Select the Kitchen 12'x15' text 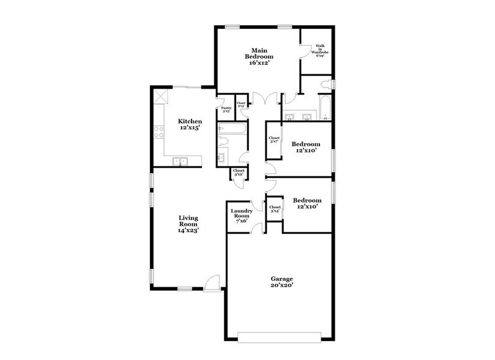pyautogui.click(x=190, y=125)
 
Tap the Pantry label pyautogui.click(x=226, y=110)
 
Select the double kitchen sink pyautogui.click(x=180, y=161)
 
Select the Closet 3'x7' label pyautogui.click(x=275, y=140)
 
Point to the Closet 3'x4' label pyautogui.click(x=275, y=208)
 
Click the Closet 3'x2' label pyautogui.click(x=239, y=172)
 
